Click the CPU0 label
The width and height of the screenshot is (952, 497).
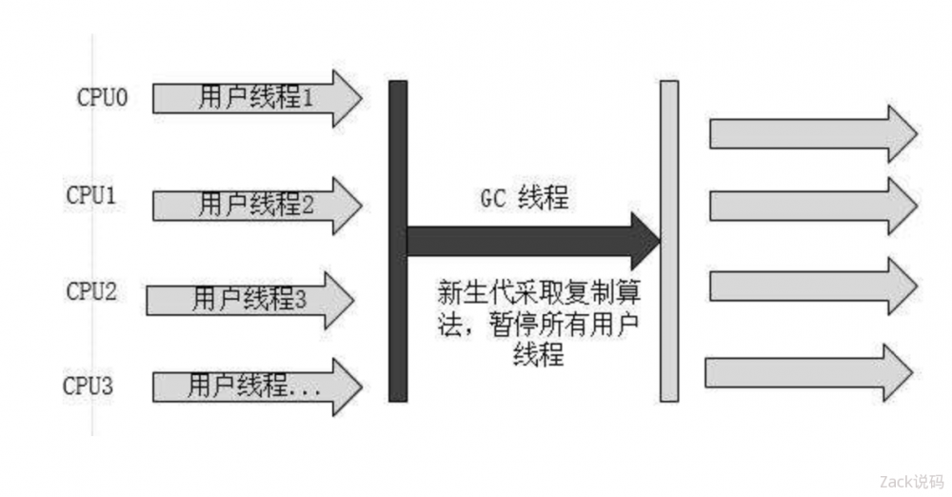tap(102, 98)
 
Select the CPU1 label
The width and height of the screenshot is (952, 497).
tap(91, 195)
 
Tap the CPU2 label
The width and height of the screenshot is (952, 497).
tap(91, 290)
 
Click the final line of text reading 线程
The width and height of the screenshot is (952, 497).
tap(538, 355)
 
